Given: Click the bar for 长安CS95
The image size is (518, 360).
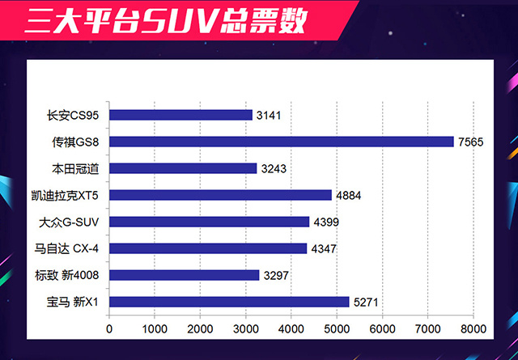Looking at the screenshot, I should point(180,115).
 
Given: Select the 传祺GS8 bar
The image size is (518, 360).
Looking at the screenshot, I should point(281,142).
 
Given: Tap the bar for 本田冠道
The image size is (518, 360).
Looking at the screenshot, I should point(183,168).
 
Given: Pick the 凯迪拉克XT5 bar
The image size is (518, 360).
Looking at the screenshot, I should point(220,195).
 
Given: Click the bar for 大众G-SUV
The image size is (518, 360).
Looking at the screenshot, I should point(209,222).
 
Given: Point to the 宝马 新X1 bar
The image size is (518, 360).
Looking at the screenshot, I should point(229,302).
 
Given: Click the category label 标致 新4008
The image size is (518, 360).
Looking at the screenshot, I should point(73,275).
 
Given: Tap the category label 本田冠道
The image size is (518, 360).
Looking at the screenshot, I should point(79,168).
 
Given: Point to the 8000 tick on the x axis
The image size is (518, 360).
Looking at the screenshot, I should point(473,329).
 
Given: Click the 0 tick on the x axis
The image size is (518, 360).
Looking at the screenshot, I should point(109,329).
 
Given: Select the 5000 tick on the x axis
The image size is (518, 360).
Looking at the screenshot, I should point(337,329).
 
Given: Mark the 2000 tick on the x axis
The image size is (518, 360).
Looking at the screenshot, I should point(200,329).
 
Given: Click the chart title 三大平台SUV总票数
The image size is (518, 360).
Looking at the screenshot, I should point(165,22).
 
